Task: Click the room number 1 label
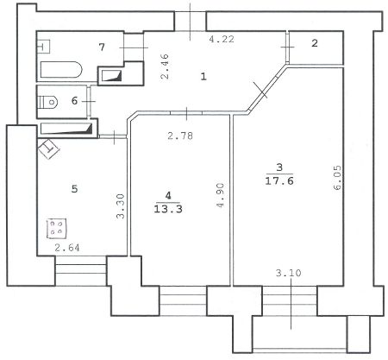(x=203, y=77)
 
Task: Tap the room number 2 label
(x=315, y=43)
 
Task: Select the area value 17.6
(x=279, y=181)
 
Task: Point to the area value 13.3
(x=168, y=209)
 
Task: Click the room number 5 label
(x=74, y=189)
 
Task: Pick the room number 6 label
(x=74, y=101)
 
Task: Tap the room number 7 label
(x=102, y=47)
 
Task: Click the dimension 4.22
(x=222, y=39)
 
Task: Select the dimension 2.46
(x=165, y=66)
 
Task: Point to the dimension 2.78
(x=180, y=136)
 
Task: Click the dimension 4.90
(x=221, y=195)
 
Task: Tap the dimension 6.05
(x=337, y=177)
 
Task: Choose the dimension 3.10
(x=289, y=273)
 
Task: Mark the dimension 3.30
(x=121, y=206)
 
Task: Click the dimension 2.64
(x=67, y=248)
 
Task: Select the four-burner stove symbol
(x=57, y=229)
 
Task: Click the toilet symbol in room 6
(x=48, y=102)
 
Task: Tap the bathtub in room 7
(x=61, y=69)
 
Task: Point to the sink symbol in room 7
(x=44, y=47)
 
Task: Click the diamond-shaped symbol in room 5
(x=48, y=149)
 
